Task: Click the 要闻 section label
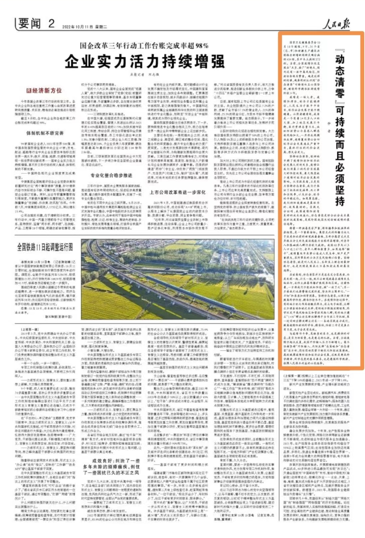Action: (30, 24)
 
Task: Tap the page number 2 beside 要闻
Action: (51, 24)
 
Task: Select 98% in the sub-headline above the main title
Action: (202, 46)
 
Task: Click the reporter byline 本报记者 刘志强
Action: (144, 74)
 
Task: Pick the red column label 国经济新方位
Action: (44, 91)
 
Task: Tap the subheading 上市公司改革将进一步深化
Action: (178, 192)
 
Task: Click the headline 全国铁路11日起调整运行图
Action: (45, 247)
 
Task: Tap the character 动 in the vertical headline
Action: (339, 59)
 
